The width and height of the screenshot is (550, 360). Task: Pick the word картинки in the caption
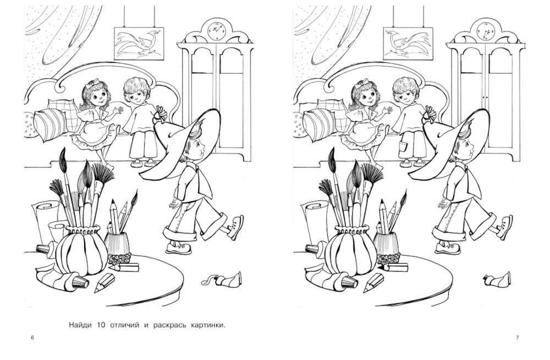pyautogui.click(x=208, y=325)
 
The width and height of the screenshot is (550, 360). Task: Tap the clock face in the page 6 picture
pyautogui.click(x=216, y=30)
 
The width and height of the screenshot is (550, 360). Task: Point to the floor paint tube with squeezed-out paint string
pyautogui.click(x=222, y=279)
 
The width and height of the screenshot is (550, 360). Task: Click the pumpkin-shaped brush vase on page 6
pyautogui.click(x=82, y=249)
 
